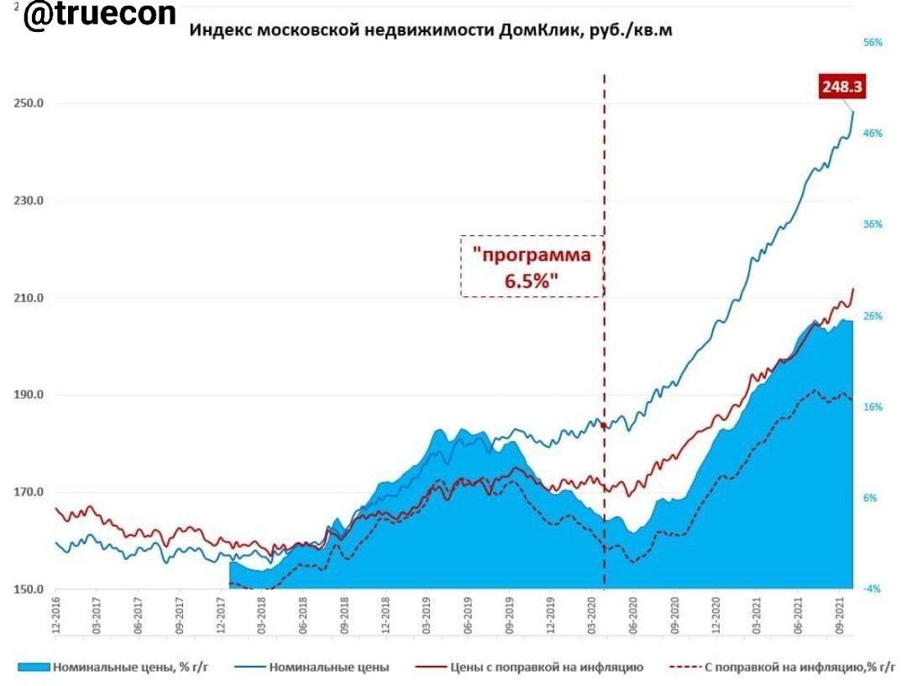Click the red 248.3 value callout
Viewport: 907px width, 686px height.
tap(842, 86)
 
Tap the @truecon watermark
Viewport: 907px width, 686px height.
tap(100, 16)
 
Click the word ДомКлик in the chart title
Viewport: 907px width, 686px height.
tap(537, 30)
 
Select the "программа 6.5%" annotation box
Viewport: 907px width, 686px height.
tap(531, 266)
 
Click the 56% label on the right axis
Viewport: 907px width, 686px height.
tap(873, 42)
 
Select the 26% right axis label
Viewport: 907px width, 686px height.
tap(873, 316)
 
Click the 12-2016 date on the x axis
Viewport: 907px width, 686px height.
tap(55, 616)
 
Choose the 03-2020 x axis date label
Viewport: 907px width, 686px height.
tap(591, 616)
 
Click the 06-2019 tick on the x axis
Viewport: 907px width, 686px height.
tap(468, 616)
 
